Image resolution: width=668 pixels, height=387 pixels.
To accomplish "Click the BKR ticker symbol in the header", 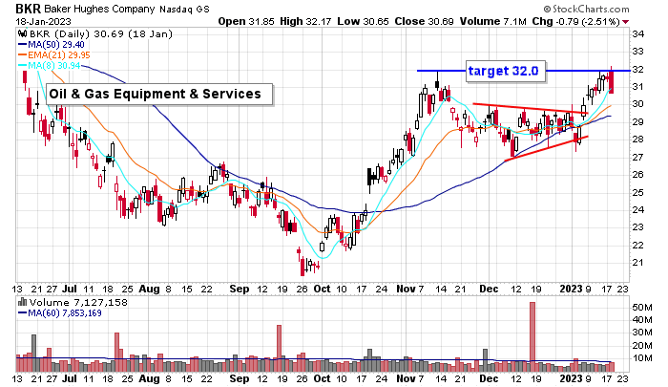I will pos(19,8).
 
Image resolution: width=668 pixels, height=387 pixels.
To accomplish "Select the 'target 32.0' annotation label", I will pos(503,71).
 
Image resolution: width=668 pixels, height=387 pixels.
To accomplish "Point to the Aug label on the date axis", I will pos(147,286).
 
